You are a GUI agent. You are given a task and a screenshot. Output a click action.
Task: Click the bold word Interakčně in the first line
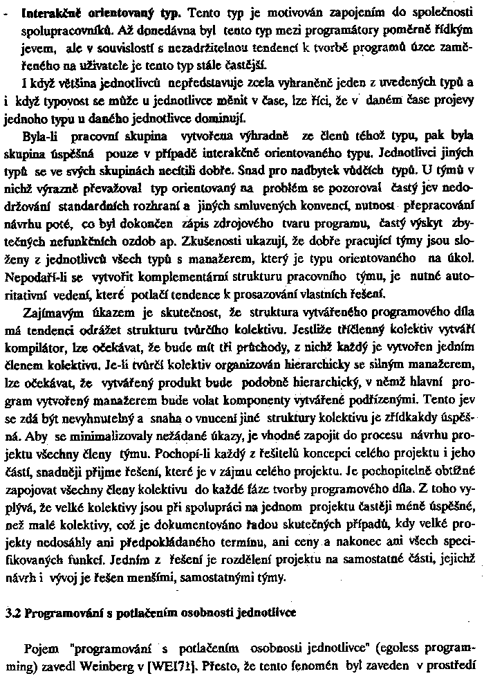pos(52,13)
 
